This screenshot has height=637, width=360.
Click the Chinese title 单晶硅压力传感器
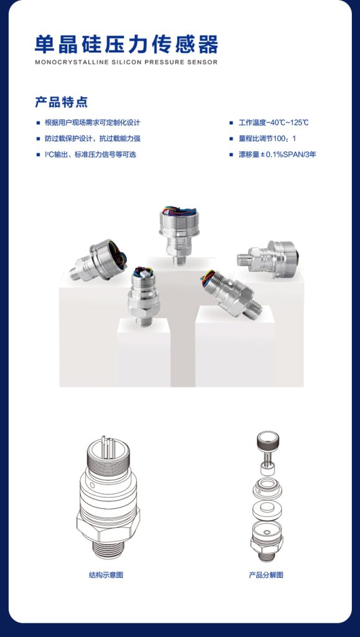(x=126, y=45)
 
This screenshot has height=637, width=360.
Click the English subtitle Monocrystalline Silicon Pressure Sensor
(x=126, y=63)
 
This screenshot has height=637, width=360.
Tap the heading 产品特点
(x=62, y=102)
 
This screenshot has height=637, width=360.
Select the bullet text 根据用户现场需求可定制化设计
(x=93, y=123)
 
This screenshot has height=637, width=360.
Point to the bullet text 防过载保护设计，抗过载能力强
(x=93, y=139)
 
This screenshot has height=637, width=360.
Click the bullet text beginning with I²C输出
(x=91, y=155)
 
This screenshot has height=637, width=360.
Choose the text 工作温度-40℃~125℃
(x=274, y=123)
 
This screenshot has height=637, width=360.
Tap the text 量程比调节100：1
(x=267, y=139)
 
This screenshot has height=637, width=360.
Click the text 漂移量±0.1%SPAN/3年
(x=277, y=155)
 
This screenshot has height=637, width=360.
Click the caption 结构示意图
(x=106, y=575)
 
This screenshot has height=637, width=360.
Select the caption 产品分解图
(x=266, y=575)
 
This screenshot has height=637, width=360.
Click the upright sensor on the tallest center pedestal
(x=179, y=235)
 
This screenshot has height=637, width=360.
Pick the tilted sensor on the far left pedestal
(x=98, y=261)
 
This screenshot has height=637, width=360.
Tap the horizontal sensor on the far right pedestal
(x=267, y=258)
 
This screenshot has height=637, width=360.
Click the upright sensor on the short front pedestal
(x=143, y=296)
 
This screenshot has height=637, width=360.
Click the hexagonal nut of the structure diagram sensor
(x=108, y=524)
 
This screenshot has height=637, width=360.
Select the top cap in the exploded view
(x=268, y=439)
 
